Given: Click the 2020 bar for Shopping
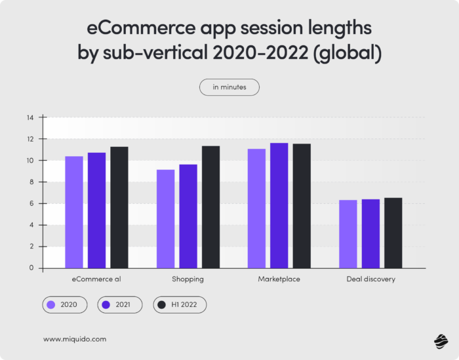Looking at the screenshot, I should coord(165,219).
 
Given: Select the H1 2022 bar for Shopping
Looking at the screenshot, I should coord(210,207).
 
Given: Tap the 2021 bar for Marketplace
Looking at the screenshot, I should coord(279,206).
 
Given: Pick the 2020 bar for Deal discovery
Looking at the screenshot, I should coord(348,234).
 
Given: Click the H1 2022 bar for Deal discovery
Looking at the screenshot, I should coord(393,233).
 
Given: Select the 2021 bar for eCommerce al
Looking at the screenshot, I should coord(96,210).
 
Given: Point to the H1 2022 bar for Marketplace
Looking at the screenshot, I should coord(302,206).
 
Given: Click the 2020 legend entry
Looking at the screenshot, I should coord(62,305).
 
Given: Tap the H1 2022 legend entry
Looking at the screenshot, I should coord(180,305).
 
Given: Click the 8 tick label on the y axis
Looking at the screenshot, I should coord(31,182).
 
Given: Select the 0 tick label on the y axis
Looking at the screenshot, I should coord(31,268).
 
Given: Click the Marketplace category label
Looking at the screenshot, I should coord(279,279).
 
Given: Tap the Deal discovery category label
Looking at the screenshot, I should coord(370,279).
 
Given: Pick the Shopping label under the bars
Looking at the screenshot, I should coord(188,279).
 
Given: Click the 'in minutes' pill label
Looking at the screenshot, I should coord(229,87).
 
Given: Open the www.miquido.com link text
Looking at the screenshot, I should coord(74,339).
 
